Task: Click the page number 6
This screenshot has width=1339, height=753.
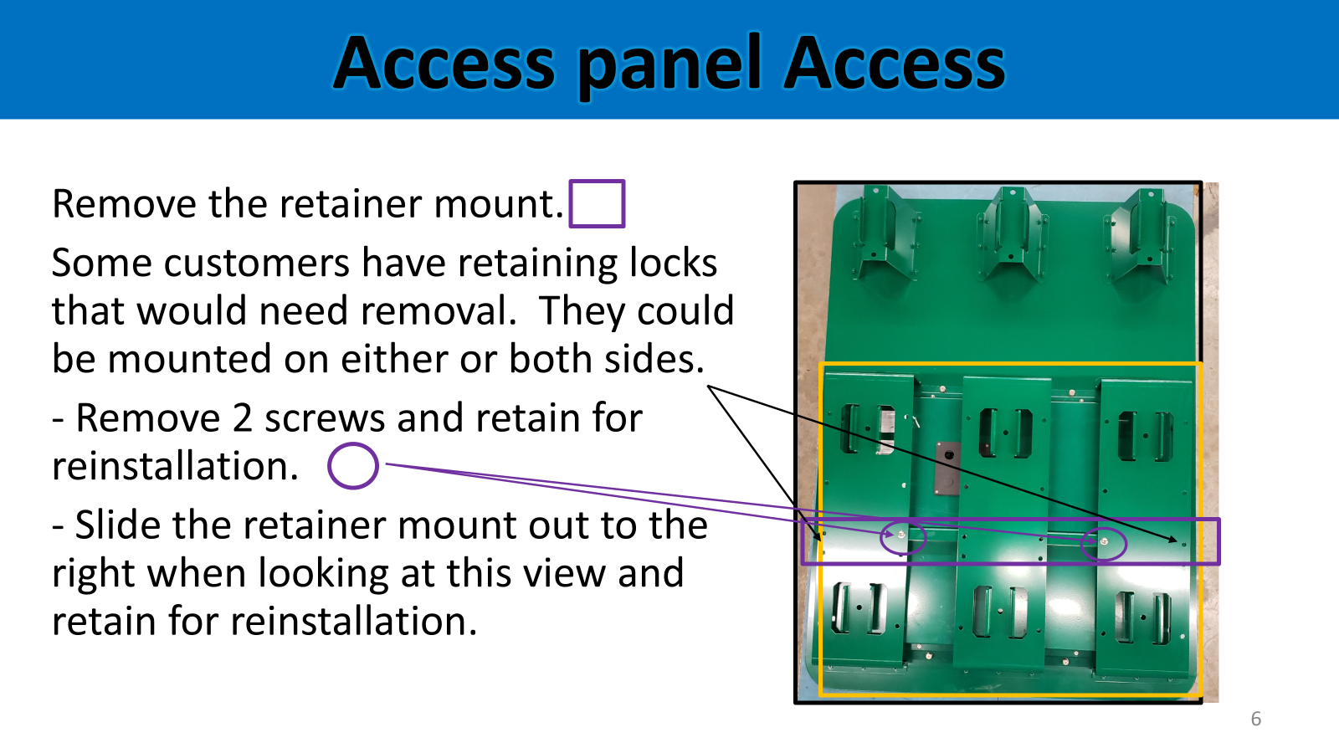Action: coord(1256,719)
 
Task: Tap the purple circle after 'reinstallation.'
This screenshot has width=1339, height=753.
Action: coord(353,444)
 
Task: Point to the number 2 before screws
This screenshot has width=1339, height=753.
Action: coord(242,417)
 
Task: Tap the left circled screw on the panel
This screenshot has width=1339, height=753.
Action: coord(902,535)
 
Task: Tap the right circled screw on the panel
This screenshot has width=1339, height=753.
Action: coord(1104,542)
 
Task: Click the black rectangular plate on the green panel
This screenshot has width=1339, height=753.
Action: coord(948,468)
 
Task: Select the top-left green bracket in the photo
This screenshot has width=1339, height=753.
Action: coord(885,233)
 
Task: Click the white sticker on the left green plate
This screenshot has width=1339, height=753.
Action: coord(885,429)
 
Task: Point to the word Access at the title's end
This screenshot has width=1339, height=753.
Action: coord(895,64)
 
